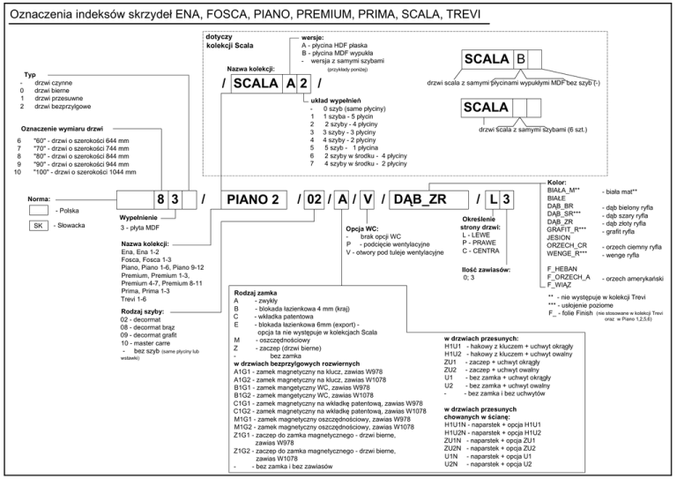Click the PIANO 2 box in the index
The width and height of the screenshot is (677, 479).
(x=253, y=199)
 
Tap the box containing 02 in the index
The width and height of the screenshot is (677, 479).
(x=313, y=199)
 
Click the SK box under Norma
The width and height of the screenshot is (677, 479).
(x=38, y=227)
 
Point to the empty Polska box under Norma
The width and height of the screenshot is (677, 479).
(x=38, y=210)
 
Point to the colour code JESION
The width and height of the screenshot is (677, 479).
(x=561, y=237)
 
